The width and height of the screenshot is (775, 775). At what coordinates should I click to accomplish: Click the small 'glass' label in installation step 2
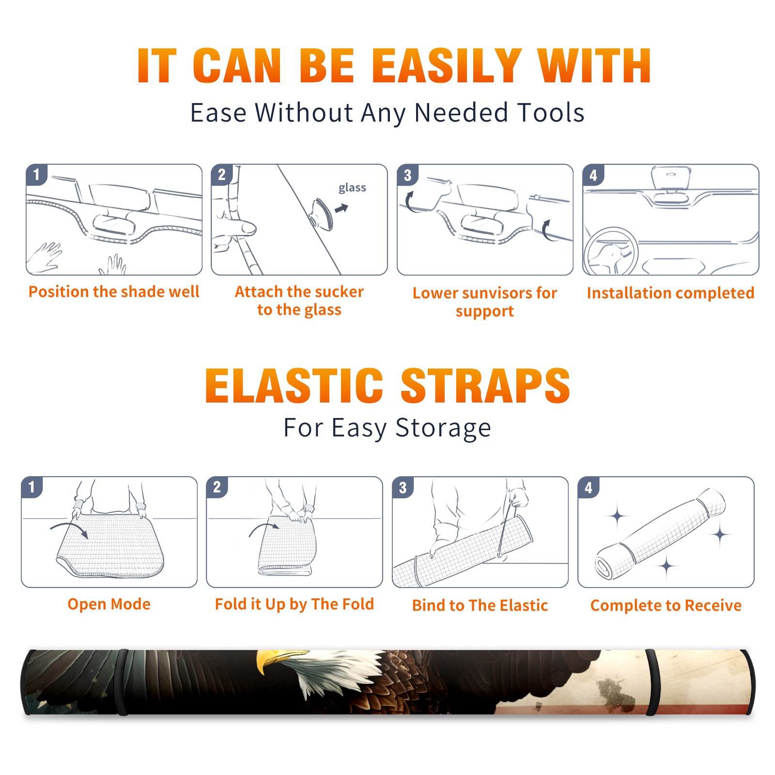point(352,188)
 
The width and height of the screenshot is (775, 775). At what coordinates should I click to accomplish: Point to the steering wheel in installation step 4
point(611,251)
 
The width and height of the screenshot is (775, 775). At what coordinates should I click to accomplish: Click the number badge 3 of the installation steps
point(407,175)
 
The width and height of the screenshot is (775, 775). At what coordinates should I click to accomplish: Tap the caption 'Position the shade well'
point(114,292)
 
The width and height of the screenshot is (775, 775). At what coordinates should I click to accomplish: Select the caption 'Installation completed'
point(670,293)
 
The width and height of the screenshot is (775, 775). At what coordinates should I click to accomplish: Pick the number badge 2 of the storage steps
point(217,487)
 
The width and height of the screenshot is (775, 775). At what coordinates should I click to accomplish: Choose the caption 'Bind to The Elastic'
point(480,605)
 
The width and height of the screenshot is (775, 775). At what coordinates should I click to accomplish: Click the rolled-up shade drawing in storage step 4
point(661,534)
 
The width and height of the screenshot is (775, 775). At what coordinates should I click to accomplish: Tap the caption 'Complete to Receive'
point(666,605)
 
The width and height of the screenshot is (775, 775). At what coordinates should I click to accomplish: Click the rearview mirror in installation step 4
point(670,178)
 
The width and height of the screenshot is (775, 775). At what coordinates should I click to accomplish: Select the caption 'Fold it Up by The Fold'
point(294,604)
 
